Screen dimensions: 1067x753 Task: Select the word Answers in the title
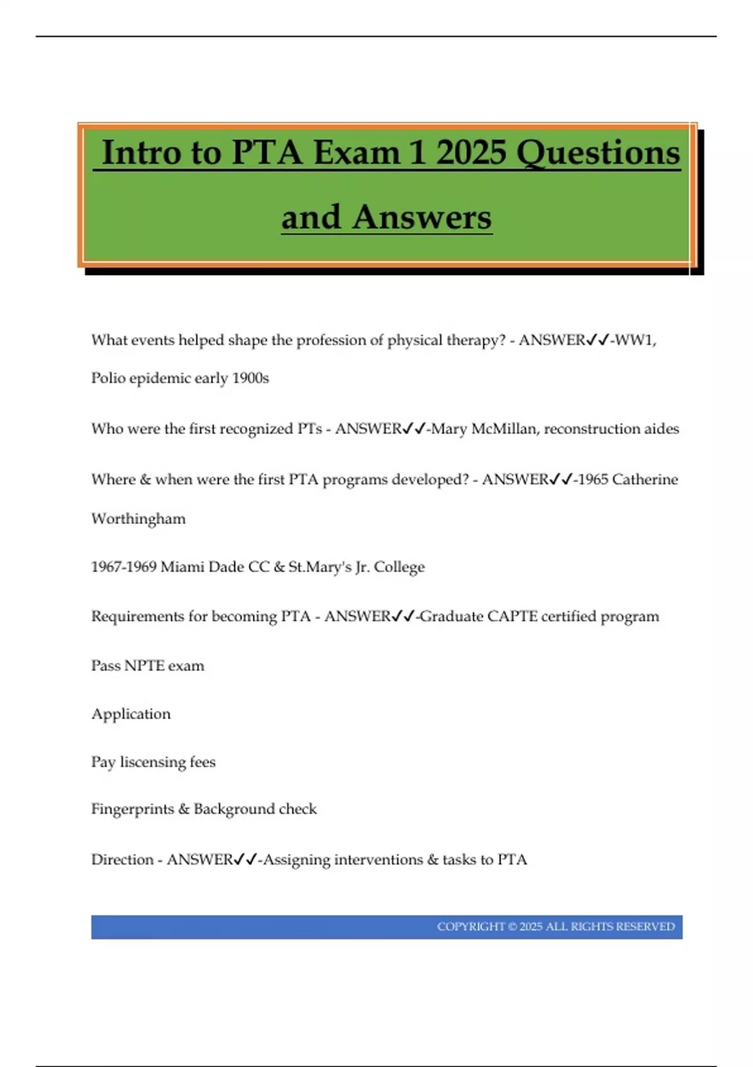(x=421, y=218)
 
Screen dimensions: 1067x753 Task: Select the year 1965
(x=592, y=480)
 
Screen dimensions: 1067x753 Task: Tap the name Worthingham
(x=138, y=519)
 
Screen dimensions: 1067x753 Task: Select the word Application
(x=131, y=714)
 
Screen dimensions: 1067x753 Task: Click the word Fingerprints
(x=132, y=809)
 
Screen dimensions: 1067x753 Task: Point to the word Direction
(x=122, y=859)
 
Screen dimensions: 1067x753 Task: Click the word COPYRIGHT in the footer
(x=471, y=927)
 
